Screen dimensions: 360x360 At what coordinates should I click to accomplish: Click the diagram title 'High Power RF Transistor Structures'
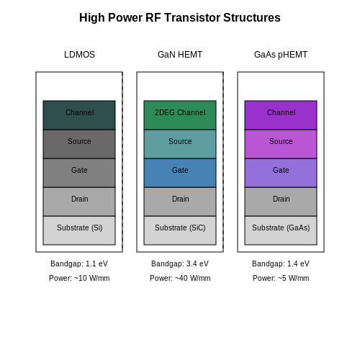point(180,17)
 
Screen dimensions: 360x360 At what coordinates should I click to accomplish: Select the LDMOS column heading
point(79,55)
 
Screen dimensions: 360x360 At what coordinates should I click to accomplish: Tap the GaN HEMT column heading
point(180,55)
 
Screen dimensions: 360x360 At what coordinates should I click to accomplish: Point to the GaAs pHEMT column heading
point(281,55)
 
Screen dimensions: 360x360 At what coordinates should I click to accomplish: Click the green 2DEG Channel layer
point(180,115)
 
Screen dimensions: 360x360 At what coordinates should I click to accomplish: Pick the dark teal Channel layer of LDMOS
point(79,115)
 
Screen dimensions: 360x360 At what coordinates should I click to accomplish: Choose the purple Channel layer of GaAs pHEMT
point(281,115)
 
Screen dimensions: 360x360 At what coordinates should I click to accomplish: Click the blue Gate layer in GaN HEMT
point(180,173)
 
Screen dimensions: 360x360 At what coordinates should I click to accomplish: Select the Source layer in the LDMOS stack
point(79,144)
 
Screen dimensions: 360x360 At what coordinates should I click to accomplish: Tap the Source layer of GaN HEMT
point(180,144)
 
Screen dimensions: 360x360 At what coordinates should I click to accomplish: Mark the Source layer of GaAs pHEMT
point(281,144)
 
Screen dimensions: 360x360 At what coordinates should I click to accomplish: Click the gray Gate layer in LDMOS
point(79,173)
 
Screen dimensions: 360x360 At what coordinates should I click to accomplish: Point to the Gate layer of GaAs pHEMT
point(281,173)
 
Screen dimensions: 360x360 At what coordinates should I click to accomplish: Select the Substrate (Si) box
point(79,230)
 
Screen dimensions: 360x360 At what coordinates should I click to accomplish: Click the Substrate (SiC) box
point(180,230)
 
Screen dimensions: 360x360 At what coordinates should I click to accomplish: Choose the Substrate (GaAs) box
point(281,230)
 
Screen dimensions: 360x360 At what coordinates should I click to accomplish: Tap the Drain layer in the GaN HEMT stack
point(180,202)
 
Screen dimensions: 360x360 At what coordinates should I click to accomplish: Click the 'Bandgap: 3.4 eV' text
point(180,264)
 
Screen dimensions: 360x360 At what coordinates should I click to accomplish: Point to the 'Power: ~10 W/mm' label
point(79,278)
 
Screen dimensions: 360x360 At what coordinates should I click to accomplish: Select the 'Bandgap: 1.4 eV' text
point(281,264)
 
